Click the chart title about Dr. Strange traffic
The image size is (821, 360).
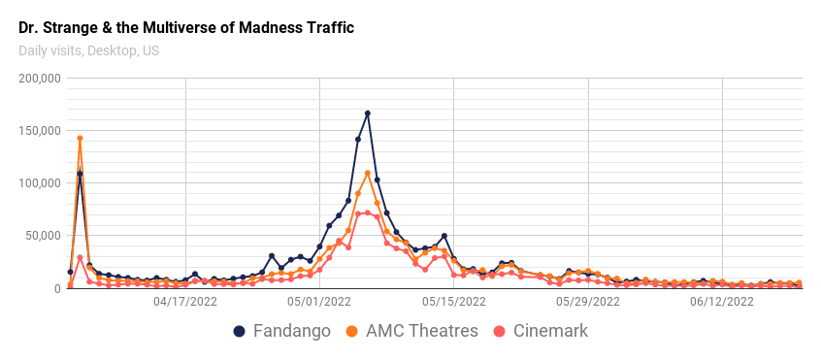(x=186, y=27)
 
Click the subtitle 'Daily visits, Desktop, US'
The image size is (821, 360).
(x=88, y=50)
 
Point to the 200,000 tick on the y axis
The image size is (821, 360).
(x=41, y=79)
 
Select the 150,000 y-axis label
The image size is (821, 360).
(x=41, y=131)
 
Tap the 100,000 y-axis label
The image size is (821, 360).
(x=41, y=183)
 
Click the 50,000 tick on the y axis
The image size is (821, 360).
(x=44, y=236)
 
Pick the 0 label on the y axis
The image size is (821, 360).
(x=57, y=288)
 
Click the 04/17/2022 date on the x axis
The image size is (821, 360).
(x=185, y=302)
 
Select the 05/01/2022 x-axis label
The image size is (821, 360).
(x=319, y=302)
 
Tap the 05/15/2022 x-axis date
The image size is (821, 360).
(x=453, y=302)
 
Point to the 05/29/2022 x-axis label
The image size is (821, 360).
(x=588, y=302)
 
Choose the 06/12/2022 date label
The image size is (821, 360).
(x=722, y=302)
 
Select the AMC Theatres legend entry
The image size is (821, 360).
(x=411, y=331)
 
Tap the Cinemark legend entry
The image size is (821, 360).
(x=542, y=331)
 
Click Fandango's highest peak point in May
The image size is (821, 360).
(x=368, y=114)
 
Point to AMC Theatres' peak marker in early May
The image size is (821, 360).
(x=368, y=174)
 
